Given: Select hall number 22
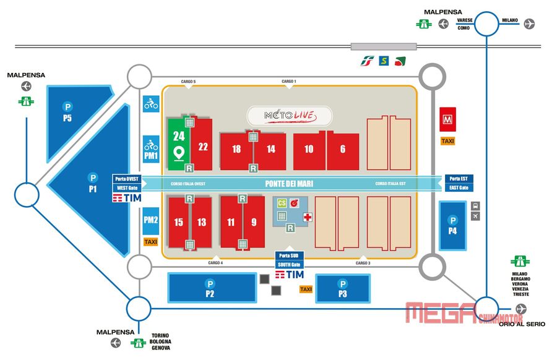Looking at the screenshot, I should (x=202, y=147).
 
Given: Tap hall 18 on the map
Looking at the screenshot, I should (x=236, y=149).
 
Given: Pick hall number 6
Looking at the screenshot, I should (x=343, y=149).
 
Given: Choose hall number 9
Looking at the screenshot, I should (x=254, y=223).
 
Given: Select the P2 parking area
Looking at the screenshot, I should (x=210, y=289).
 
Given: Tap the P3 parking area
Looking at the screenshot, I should (x=342, y=289).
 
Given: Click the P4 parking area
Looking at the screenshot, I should (x=453, y=226).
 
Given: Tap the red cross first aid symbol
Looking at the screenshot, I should (x=308, y=216).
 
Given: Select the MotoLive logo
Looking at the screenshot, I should (x=290, y=116).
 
